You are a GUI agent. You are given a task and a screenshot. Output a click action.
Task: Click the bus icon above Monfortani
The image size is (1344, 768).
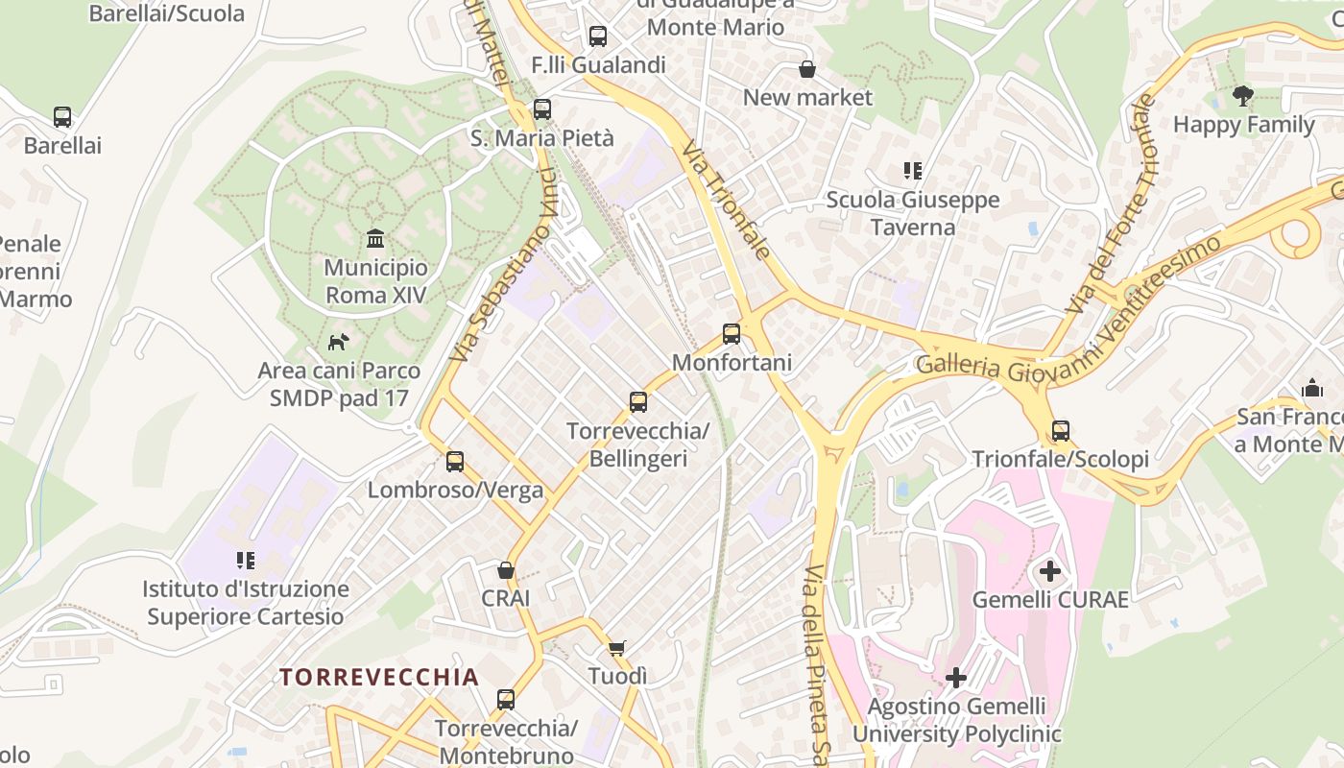[732, 334]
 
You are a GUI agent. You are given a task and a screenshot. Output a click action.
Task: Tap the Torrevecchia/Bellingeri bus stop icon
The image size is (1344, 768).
[638, 402]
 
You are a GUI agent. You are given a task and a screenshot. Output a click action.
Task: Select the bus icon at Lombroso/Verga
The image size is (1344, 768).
[455, 462]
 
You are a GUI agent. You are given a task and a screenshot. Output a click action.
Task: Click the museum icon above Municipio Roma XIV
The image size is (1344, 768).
[375, 238]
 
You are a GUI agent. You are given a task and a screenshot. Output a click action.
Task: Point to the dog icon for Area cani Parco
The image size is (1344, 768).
[338, 342]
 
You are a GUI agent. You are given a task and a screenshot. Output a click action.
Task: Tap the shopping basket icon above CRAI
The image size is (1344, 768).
[506, 570]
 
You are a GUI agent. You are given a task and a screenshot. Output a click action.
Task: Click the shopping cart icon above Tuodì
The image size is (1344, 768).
[617, 648]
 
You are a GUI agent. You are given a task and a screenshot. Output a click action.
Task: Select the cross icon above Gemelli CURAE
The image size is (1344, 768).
[1050, 572]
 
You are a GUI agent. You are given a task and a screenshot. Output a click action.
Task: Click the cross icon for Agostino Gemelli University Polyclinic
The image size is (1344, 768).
[956, 678]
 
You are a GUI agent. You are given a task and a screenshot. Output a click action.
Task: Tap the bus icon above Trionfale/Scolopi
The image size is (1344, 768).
[1061, 431]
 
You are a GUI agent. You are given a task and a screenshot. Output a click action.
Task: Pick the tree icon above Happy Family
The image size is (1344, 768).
[1243, 96]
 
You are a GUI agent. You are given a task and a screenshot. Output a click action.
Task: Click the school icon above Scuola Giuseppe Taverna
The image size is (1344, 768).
[913, 172]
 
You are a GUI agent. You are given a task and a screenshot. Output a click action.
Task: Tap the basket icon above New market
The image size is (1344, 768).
[807, 69]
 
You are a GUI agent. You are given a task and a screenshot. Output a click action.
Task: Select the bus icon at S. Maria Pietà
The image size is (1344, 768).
[542, 109]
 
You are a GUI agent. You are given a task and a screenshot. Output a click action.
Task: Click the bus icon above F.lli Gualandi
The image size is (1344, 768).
[598, 37]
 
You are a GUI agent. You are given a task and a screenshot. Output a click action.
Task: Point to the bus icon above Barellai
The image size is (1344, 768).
[62, 117]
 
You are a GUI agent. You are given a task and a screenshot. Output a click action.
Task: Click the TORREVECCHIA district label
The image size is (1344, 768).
[379, 677]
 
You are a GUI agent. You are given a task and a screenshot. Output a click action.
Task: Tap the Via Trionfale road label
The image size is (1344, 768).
[727, 201]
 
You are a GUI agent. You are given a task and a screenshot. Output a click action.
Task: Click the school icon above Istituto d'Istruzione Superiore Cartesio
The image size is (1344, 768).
[246, 561]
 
